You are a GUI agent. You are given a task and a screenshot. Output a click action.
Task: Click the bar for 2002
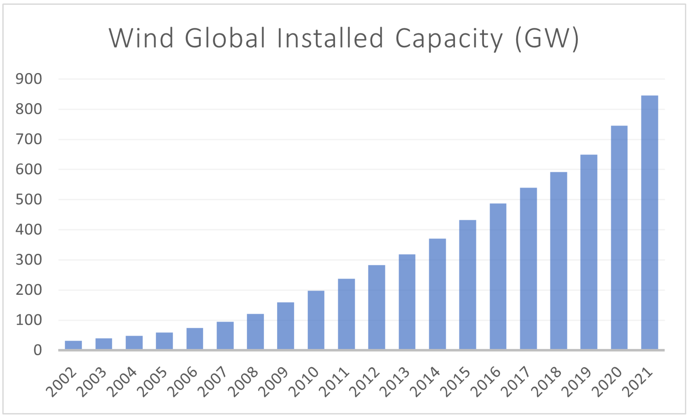[x=73, y=345]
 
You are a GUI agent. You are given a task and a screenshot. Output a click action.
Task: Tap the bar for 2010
[x=316, y=320]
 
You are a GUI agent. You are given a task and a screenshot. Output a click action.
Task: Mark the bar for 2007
[x=225, y=335]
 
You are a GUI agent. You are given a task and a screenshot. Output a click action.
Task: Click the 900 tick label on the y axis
[x=29, y=79]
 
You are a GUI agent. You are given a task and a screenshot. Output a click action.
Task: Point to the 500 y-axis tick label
[x=29, y=200]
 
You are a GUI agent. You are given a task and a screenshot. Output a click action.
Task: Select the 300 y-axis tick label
[x=29, y=260]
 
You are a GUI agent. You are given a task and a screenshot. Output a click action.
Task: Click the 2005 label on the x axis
[x=153, y=382]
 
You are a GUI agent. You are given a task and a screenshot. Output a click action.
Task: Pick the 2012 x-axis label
[x=366, y=382]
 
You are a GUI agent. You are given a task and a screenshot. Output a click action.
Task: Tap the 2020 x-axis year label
[x=608, y=382]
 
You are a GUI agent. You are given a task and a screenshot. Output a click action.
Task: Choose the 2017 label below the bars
[x=517, y=382]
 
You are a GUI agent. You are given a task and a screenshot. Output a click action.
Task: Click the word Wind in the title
[x=141, y=38]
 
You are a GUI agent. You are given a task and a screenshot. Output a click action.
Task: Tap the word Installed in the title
[x=330, y=38]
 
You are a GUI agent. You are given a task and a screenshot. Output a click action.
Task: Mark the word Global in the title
[x=225, y=38]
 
